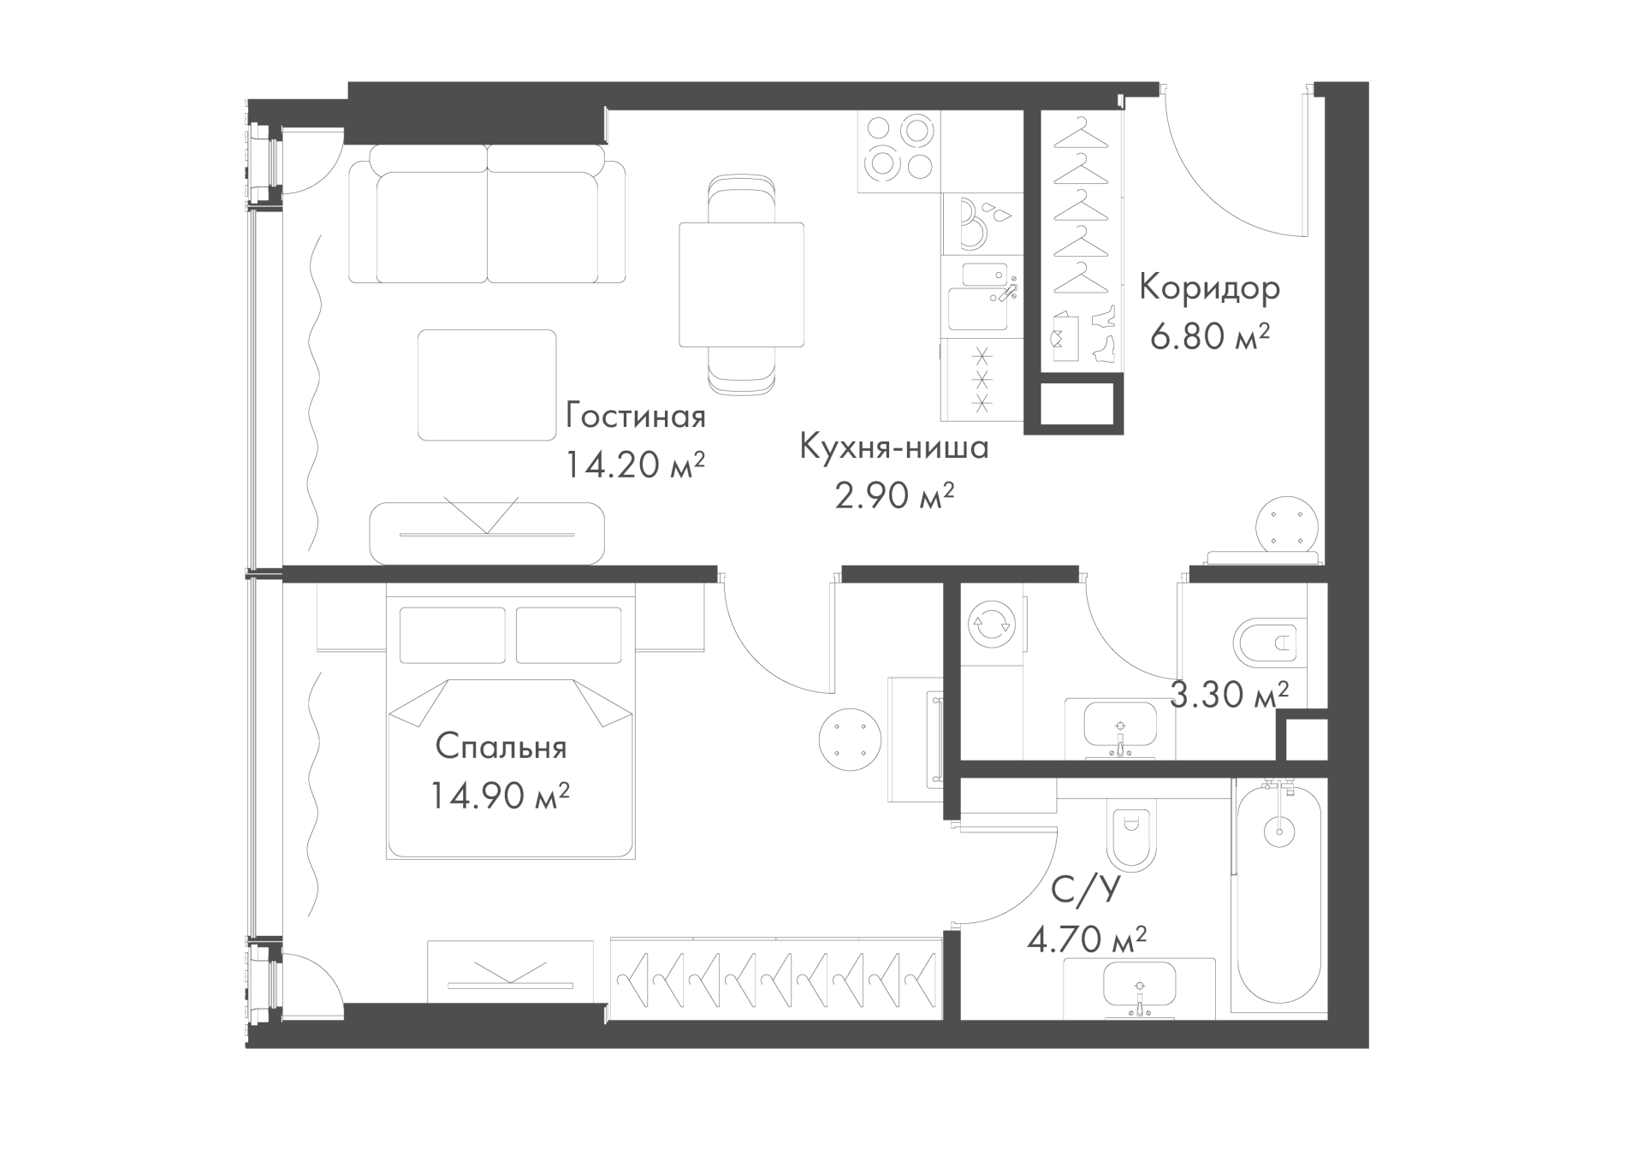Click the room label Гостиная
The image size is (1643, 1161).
coord(635,417)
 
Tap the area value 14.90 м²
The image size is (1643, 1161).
coord(500,797)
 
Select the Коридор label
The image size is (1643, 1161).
coord(1209,289)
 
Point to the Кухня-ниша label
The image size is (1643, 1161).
coord(894,447)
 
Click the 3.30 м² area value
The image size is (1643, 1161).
coord(1229,694)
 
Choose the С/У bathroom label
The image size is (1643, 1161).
coord(1085,891)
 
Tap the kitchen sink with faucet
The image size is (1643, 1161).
coord(982,296)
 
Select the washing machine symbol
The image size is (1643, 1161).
coord(991,624)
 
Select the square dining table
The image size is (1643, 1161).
coord(742,285)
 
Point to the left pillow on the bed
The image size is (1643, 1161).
coord(453,635)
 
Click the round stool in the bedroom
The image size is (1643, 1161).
coord(849,739)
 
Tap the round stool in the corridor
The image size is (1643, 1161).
coord(1288,526)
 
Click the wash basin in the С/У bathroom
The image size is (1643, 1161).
coord(1139,988)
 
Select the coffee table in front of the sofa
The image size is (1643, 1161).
coord(487,385)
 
